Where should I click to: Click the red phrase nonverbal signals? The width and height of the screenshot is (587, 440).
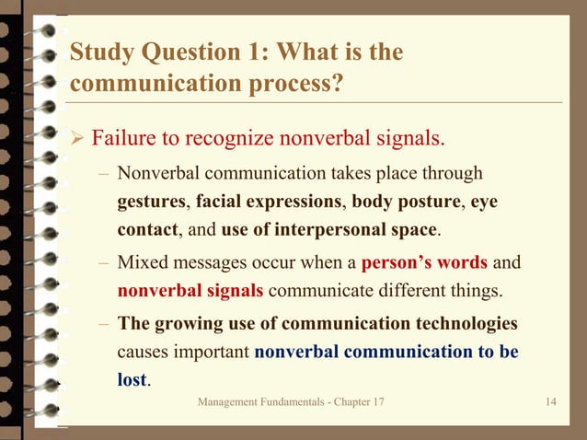(190, 292)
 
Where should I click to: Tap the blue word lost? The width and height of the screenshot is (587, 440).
(132, 380)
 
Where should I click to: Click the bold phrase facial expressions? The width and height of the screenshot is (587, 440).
(269, 201)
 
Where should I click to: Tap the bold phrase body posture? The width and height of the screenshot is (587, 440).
(405, 201)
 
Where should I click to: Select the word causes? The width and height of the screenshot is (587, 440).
(144, 352)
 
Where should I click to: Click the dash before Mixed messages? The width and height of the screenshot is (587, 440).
(105, 262)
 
